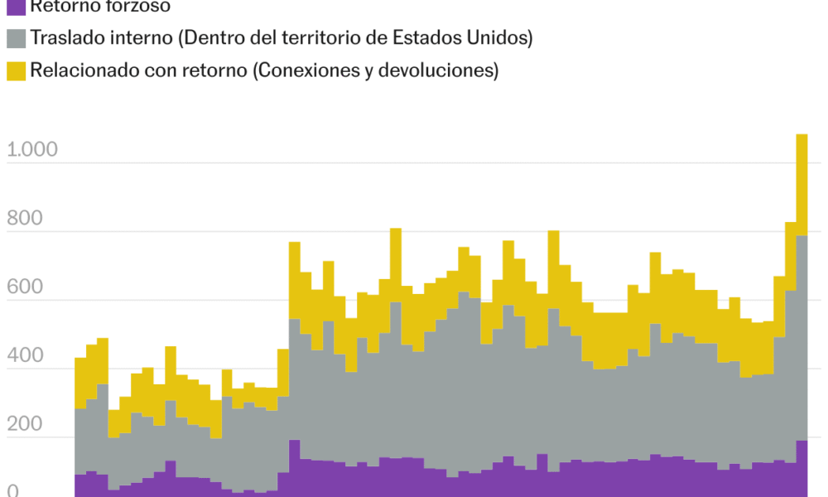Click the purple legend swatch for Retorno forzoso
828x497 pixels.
[16, 7]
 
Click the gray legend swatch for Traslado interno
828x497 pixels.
[16, 38]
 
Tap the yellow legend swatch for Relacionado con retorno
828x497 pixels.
[16, 70]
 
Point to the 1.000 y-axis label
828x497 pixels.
[31, 150]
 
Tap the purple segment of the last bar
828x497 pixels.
[802, 468]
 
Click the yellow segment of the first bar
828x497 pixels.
[80, 383]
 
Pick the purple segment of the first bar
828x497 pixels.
[80, 485]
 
